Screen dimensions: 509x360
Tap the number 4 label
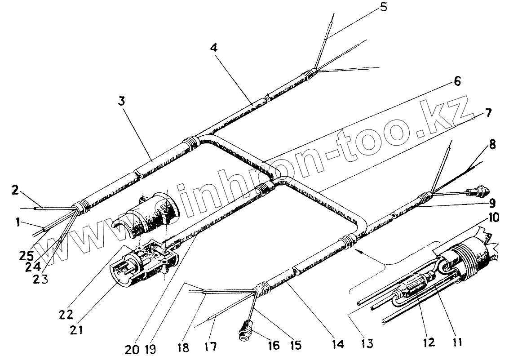click(215, 47)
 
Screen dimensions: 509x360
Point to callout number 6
click(457, 81)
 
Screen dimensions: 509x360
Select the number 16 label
click(274, 345)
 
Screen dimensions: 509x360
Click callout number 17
click(211, 347)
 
